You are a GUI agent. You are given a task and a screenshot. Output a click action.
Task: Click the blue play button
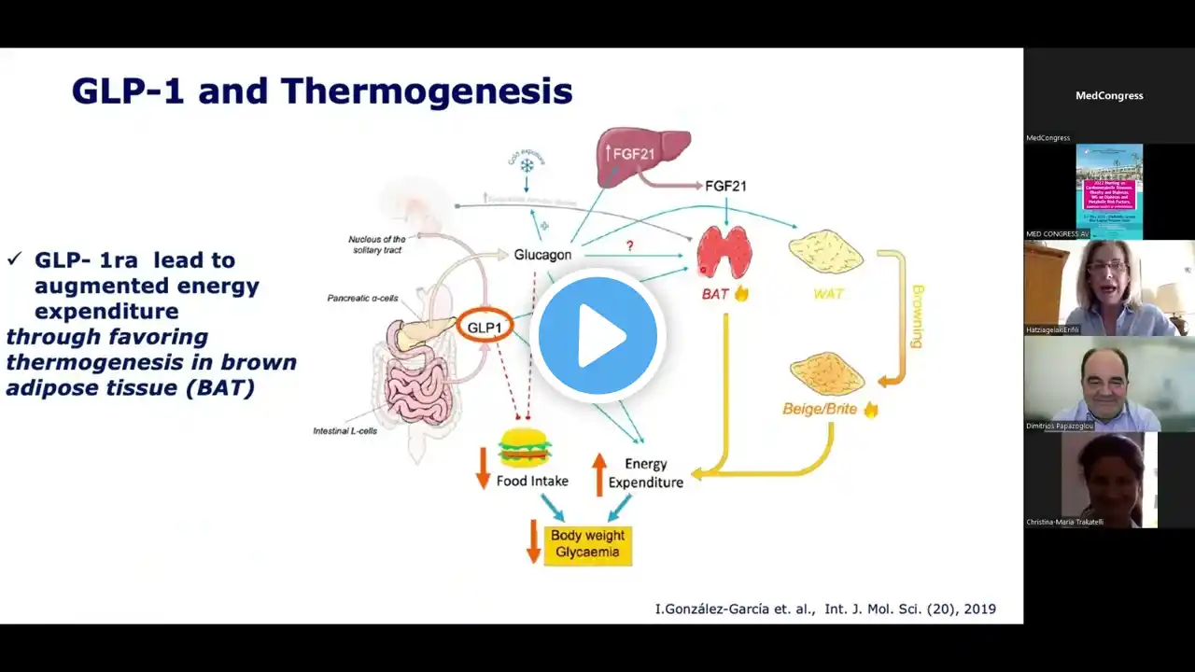597,335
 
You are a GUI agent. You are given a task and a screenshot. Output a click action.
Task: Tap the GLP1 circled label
485,328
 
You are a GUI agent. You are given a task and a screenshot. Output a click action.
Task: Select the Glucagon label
542,254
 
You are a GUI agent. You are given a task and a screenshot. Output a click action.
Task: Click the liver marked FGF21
643,156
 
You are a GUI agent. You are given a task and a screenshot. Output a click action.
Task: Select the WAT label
828,294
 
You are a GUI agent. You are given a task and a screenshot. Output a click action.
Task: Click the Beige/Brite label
820,409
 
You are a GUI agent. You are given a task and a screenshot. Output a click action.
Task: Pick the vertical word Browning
916,316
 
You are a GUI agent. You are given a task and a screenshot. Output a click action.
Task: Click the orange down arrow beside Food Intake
483,468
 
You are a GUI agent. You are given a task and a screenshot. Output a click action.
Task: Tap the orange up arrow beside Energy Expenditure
599,473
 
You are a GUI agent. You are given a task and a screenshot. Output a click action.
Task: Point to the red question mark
630,245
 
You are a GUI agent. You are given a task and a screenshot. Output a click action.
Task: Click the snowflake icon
527,165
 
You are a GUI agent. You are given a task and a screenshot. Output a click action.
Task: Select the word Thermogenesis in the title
427,91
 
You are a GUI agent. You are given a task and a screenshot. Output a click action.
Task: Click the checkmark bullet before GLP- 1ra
14,259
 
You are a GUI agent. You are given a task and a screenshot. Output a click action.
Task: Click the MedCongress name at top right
1109,95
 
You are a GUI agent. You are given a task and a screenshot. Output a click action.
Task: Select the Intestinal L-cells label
344,431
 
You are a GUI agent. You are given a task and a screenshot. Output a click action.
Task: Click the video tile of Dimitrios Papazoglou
1109,385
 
